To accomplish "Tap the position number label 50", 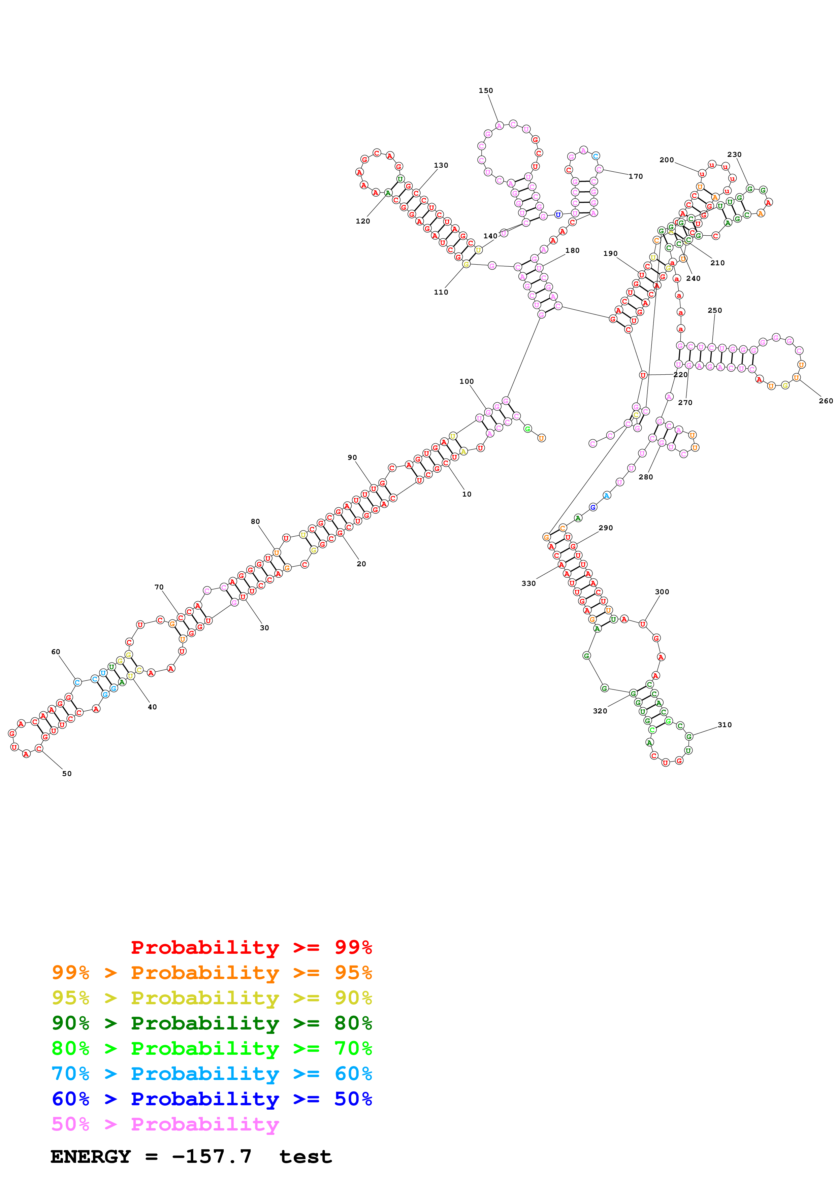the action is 67,774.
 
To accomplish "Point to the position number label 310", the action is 725,725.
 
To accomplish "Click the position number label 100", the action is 466,381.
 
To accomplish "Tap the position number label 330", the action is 528,583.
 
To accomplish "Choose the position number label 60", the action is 56,652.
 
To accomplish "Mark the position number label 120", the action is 363,221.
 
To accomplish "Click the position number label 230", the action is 734,154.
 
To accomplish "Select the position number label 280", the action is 646,477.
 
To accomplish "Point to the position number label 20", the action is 361,564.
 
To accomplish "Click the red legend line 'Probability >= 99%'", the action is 251,947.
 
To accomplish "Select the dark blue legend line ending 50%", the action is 212,1099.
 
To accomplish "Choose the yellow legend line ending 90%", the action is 212,998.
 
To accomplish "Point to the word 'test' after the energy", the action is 306,1157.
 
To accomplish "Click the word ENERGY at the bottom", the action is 91,1156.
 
